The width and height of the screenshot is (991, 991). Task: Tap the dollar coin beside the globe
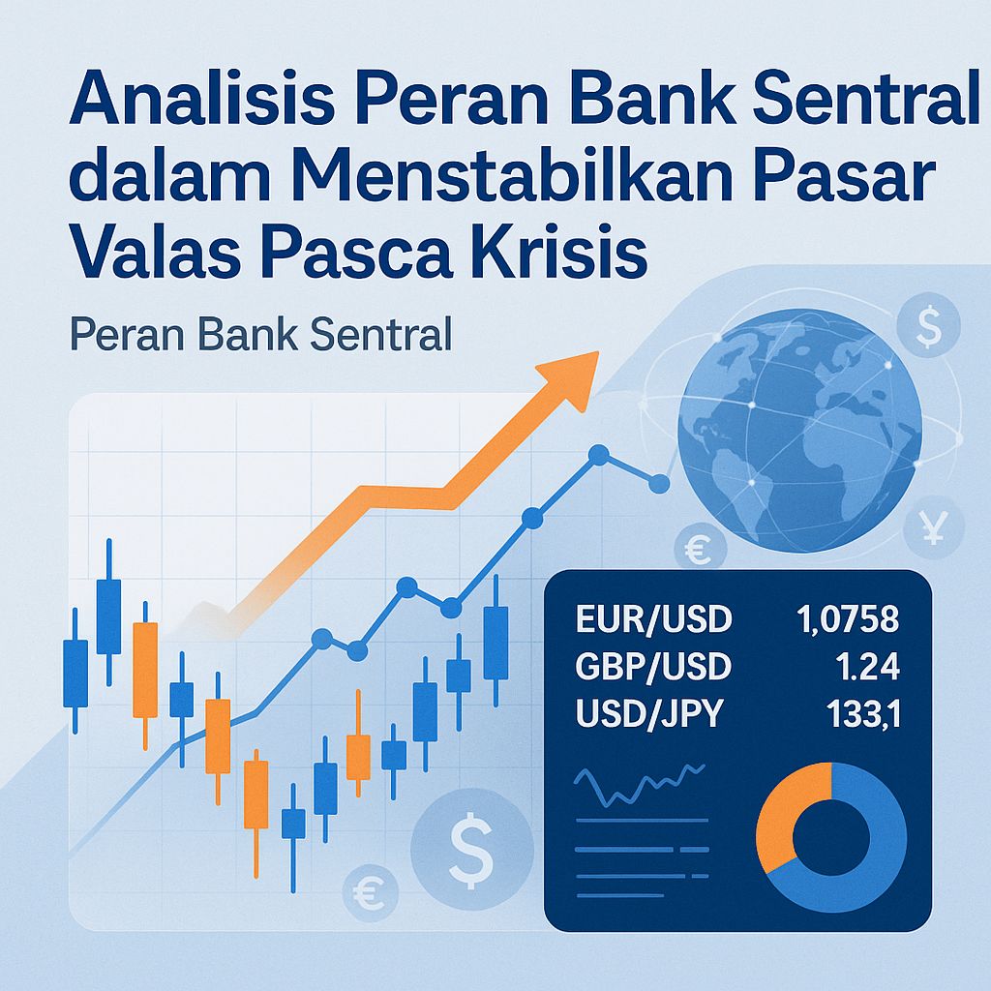point(927,330)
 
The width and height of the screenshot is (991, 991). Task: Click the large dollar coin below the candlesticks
point(471,845)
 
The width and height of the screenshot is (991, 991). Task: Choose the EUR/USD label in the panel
point(653,618)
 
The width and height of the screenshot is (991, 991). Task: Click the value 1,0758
point(845,618)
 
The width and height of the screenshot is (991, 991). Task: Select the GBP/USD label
point(653,667)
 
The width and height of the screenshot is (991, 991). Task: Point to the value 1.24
point(870,667)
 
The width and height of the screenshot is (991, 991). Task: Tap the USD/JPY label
point(648,716)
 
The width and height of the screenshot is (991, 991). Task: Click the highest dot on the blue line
point(598,453)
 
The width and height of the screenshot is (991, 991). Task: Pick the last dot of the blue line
point(662,482)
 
